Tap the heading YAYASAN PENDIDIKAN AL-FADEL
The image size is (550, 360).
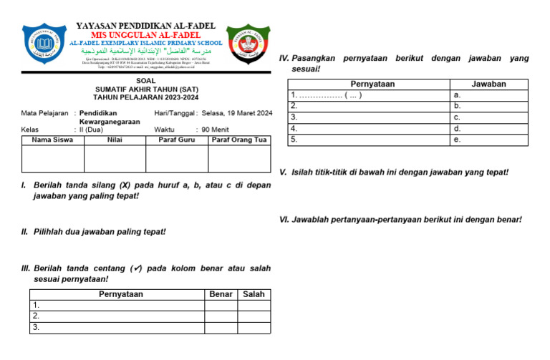[146, 26]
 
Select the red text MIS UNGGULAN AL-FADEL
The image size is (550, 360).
[145, 35]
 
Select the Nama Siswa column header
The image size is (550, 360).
[52, 140]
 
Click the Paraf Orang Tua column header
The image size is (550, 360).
[239, 140]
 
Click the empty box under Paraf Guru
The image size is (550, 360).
[176, 158]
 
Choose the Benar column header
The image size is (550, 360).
[221, 294]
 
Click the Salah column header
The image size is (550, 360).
[254, 294]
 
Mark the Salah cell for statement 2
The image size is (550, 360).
[254, 316]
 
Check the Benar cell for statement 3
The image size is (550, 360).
[221, 327]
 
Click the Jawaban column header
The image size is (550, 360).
[488, 84]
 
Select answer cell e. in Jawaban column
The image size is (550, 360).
[488, 140]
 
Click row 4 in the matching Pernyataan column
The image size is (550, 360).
[368, 129]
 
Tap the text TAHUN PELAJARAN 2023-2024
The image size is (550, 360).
[146, 97]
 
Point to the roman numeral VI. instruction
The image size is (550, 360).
[400, 219]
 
